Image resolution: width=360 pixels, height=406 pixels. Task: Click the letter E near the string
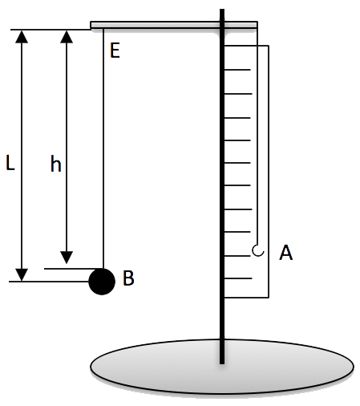[115, 51]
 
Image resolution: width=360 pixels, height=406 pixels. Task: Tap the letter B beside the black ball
[128, 278]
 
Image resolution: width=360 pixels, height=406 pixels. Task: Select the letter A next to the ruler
[285, 253]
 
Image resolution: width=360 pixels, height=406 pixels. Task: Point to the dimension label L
[10, 163]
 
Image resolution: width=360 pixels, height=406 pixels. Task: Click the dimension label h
[56, 164]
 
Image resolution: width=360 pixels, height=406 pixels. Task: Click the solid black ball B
[102, 282]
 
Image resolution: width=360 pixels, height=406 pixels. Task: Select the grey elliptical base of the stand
[222, 367]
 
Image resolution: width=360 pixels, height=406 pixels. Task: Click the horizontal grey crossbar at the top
[174, 25]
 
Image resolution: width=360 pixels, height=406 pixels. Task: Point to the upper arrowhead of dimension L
[22, 36]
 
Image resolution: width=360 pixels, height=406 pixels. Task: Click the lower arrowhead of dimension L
[22, 275]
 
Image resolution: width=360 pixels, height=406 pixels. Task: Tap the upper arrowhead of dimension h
[67, 36]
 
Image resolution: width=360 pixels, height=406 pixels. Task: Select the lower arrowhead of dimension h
[67, 258]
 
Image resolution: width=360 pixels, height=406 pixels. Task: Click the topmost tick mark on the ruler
[237, 70]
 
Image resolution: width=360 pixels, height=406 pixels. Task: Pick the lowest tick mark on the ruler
[238, 278]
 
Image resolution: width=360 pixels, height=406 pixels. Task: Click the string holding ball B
[103, 148]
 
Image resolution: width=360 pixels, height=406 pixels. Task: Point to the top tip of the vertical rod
[222, 9]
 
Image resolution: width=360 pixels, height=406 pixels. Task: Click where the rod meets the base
[222, 363]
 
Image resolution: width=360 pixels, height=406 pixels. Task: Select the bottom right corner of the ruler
[269, 298]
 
